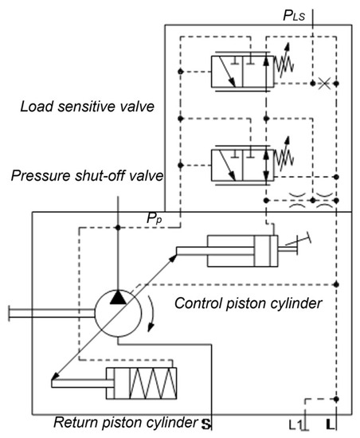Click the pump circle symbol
tap(117, 307)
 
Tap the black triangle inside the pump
tap(117, 296)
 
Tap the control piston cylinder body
tap(239, 251)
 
